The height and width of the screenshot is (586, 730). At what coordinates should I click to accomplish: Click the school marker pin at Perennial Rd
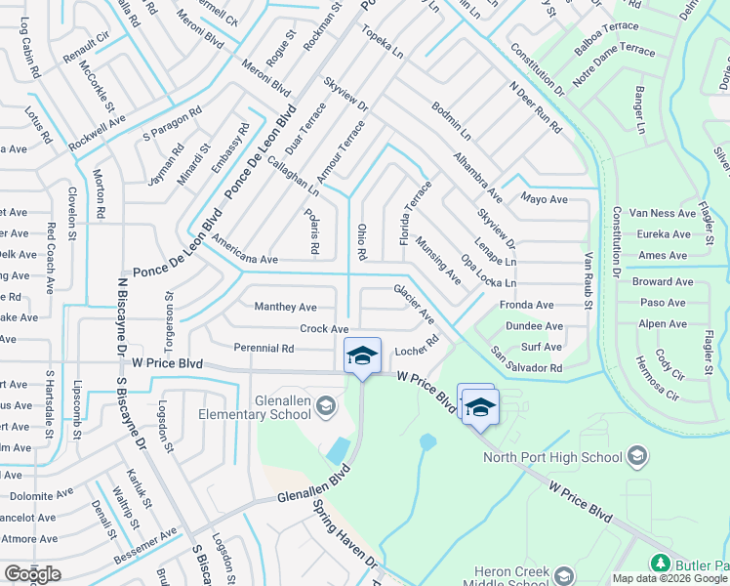(x=361, y=355)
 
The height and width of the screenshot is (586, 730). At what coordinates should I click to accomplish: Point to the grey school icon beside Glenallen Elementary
(x=326, y=405)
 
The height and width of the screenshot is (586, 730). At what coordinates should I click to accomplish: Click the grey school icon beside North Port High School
(x=636, y=456)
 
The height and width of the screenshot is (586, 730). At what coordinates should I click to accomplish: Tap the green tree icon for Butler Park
(x=660, y=564)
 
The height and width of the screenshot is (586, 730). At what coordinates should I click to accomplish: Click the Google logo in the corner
(x=31, y=574)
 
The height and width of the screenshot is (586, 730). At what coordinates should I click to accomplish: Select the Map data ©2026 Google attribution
(x=669, y=578)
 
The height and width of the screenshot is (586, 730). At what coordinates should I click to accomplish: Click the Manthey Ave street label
(x=286, y=307)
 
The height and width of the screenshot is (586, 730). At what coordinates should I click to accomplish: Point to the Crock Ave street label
(x=324, y=330)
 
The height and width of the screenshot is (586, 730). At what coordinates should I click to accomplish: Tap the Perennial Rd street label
(x=264, y=348)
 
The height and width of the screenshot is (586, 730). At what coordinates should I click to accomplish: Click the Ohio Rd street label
(x=361, y=242)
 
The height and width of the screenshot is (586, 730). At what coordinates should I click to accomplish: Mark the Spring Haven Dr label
(x=345, y=537)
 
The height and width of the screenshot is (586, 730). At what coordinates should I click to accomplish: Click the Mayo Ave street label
(x=544, y=200)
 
